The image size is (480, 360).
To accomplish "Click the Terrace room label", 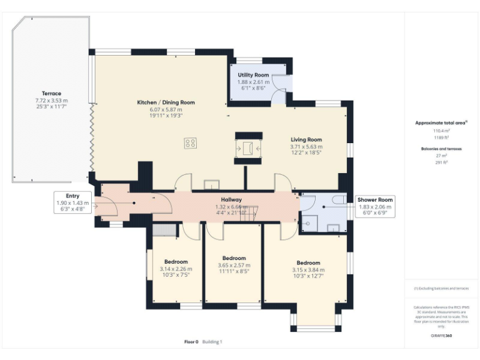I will point(51,93).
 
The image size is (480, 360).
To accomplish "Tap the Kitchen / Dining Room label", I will point(166,102).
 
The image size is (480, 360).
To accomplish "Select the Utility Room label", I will point(253,75).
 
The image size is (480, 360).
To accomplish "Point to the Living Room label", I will point(306,140).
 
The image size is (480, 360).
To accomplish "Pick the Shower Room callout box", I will point(374,206).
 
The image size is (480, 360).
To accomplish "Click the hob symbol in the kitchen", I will point(190,143).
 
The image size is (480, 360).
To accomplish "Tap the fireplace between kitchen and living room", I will point(249,149).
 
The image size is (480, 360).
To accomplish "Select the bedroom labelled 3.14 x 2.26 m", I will point(176,262).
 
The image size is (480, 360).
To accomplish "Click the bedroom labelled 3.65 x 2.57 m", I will point(234,258).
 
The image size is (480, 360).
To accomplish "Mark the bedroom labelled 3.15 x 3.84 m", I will point(308,263).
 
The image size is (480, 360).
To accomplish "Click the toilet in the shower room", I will point(337,199).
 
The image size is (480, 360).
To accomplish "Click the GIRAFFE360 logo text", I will point(441,336).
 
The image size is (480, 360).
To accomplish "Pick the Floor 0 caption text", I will point(191,342).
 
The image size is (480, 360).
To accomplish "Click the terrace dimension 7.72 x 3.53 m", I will point(51,100).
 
